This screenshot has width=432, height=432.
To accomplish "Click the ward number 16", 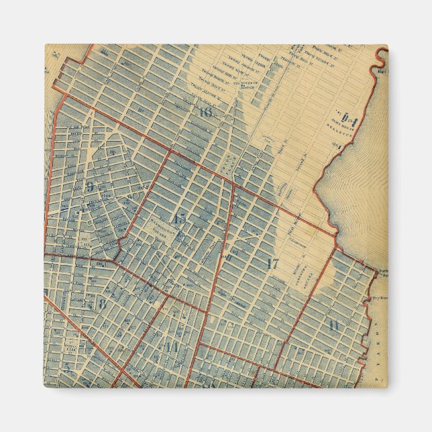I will pyautogui.click(x=205, y=112).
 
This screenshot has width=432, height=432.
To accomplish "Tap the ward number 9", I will pyautogui.click(x=89, y=187).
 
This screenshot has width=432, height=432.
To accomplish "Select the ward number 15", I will pyautogui.click(x=179, y=218).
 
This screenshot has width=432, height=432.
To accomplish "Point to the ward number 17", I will pyautogui.click(x=272, y=263).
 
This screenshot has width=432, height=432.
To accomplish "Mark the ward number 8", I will pyautogui.click(x=102, y=303).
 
